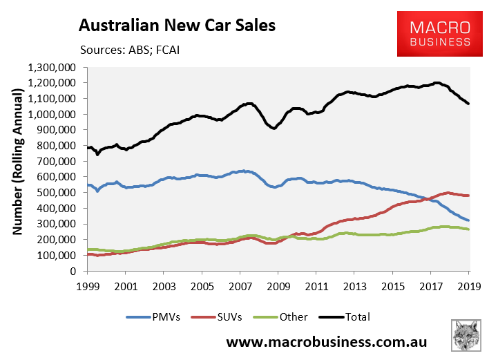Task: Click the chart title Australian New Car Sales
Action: [x=178, y=26]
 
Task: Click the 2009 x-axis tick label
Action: [x=278, y=285]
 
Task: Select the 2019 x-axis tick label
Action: [x=469, y=285]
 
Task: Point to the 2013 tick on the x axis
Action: [x=354, y=285]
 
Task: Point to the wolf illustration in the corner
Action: [x=466, y=338]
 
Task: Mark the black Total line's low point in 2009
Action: [x=274, y=129]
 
